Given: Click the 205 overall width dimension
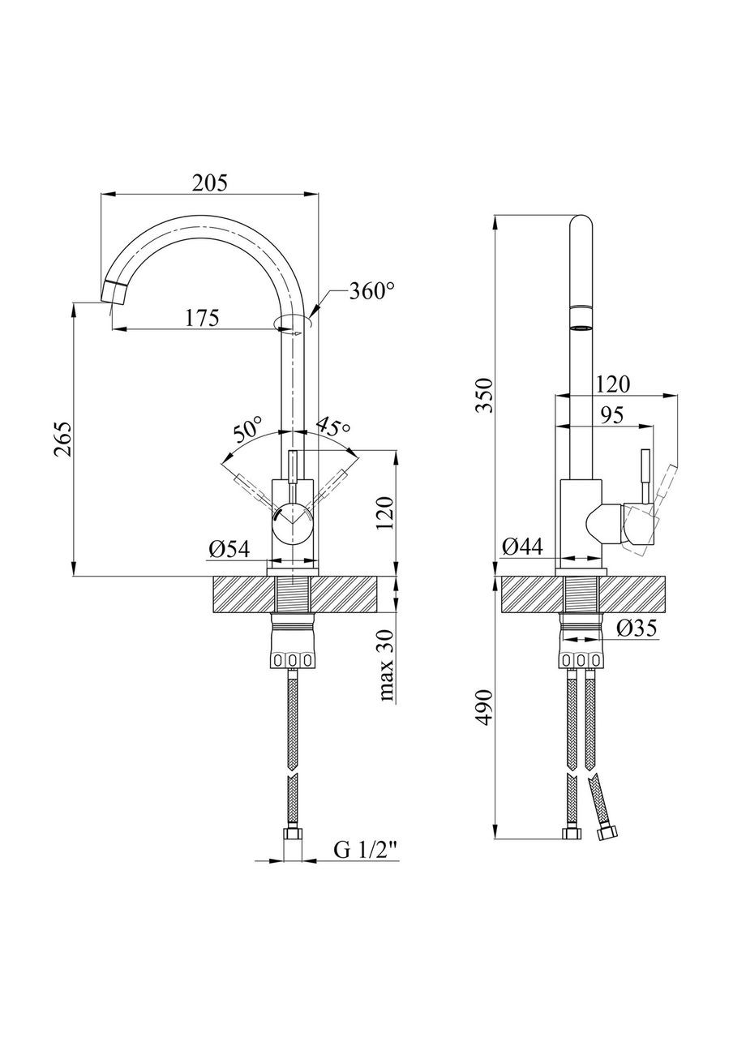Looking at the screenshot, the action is [210, 183].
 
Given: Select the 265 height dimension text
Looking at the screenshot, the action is [63, 440].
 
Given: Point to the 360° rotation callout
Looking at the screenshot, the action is [371, 291].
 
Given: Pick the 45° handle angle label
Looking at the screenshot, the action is [332, 427].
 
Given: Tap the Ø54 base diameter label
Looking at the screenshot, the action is [229, 550].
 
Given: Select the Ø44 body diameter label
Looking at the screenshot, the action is [522, 547].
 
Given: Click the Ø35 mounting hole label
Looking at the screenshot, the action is [637, 628].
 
